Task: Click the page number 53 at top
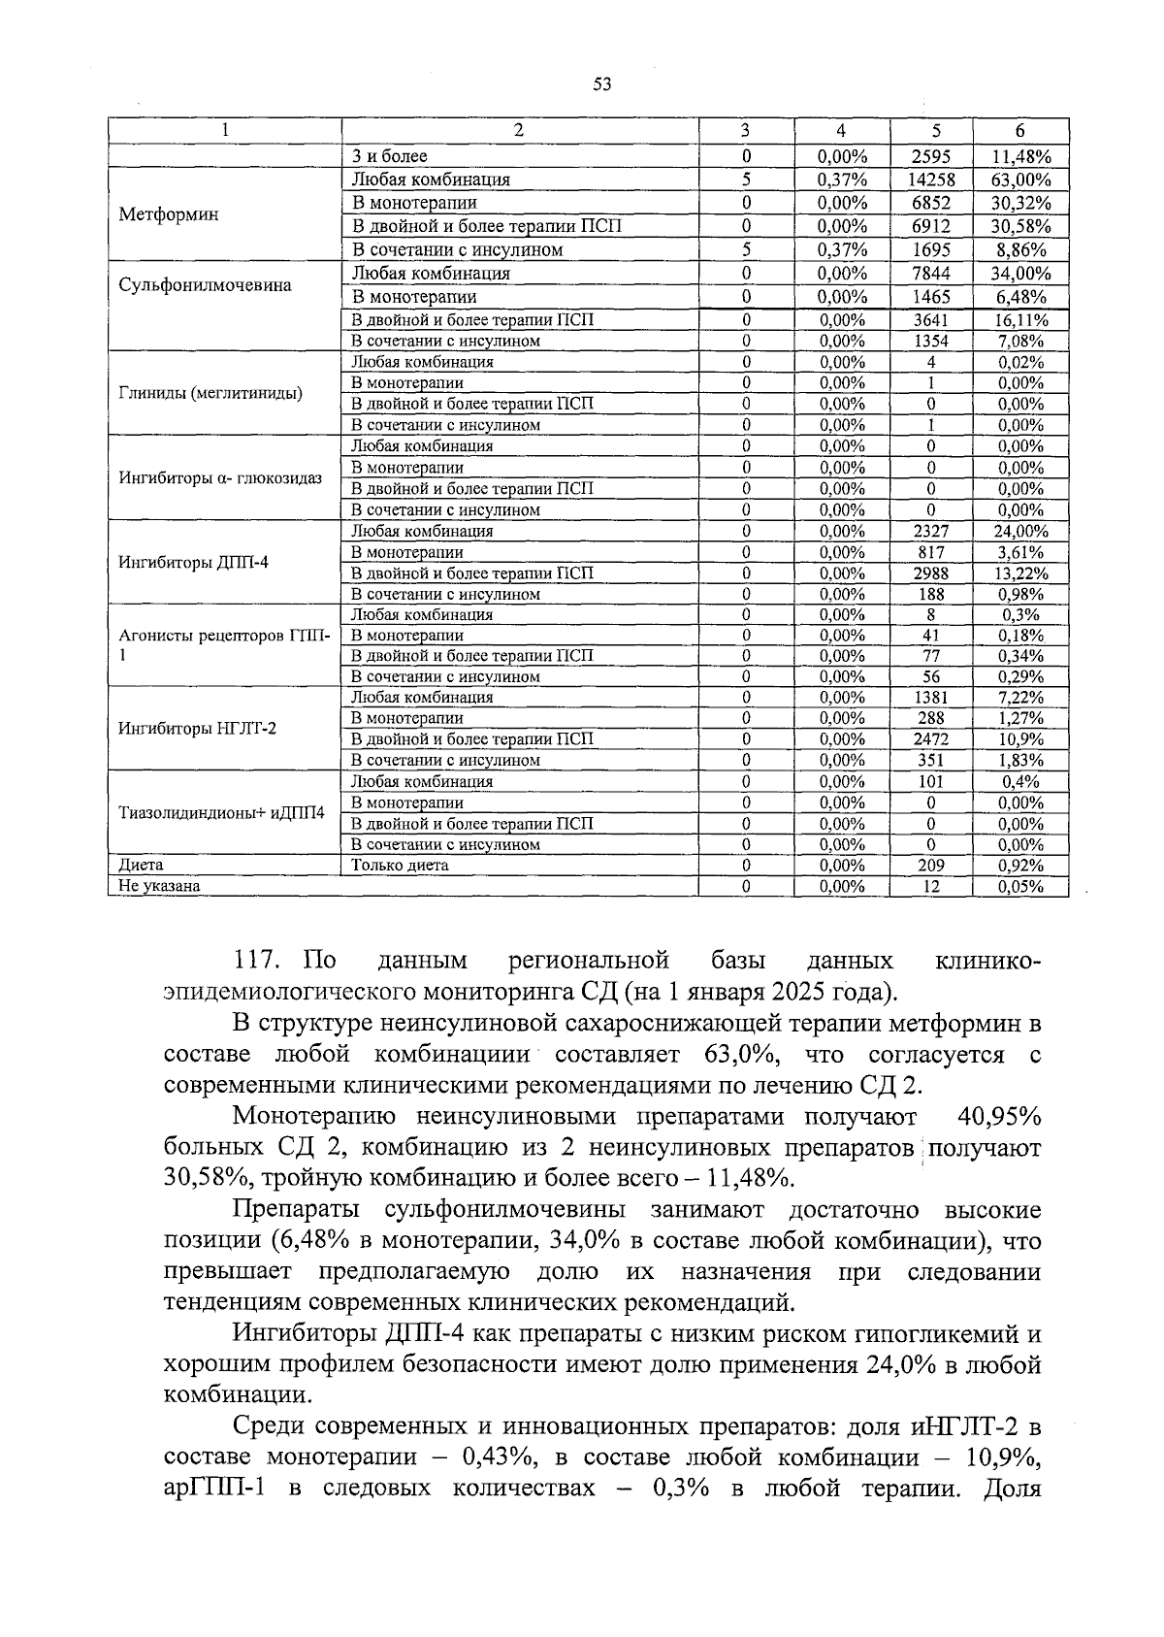(601, 84)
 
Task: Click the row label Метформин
(168, 214)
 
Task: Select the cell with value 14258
(931, 180)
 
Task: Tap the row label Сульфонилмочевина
(205, 285)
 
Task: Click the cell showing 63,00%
(1020, 180)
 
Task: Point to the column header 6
(1020, 132)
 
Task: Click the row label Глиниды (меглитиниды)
(210, 393)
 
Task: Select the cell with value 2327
(931, 532)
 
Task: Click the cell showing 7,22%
(1020, 698)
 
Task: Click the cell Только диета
(400, 866)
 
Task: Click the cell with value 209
(931, 866)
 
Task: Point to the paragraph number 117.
(257, 962)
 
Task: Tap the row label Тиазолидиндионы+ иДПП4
(221, 812)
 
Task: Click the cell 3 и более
(389, 156)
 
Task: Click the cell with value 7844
(931, 274)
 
